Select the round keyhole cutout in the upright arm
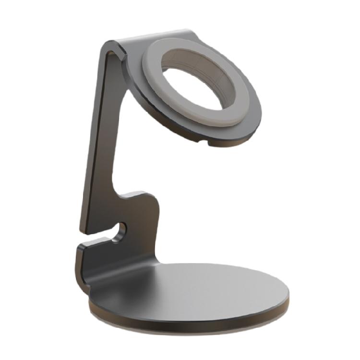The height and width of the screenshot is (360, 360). click(x=122, y=230)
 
